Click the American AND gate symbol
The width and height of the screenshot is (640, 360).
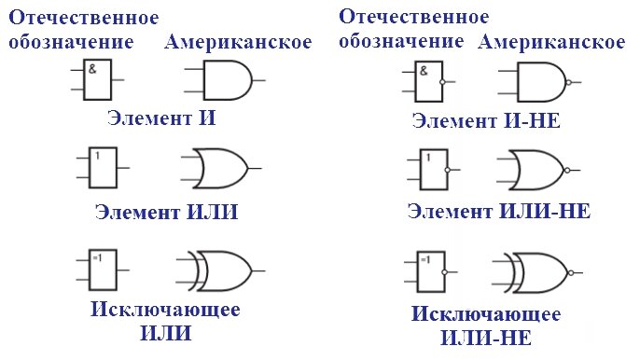pos(224,80)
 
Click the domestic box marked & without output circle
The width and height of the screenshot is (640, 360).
pos(97,80)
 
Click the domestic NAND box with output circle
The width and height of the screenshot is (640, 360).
pos(426,82)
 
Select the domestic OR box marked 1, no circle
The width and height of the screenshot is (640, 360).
pos(102,167)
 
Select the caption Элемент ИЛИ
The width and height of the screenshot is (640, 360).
pos(167,212)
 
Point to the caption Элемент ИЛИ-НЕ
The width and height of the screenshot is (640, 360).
pos(498,210)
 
